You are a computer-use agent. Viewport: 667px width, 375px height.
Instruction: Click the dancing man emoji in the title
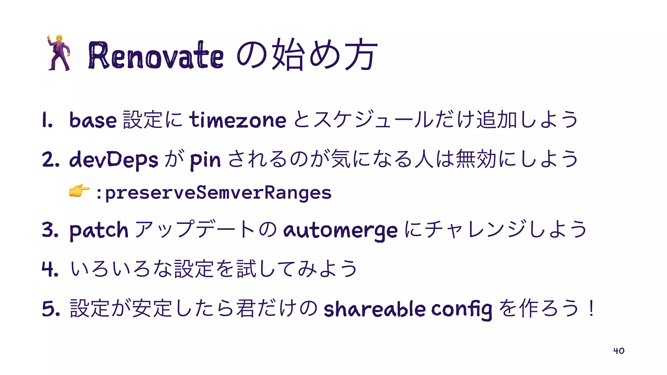(59, 53)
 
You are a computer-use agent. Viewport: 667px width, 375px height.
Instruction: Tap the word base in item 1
(93, 120)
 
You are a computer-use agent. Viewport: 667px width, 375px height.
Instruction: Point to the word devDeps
(114, 160)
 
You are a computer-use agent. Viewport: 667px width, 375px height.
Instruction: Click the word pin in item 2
(205, 160)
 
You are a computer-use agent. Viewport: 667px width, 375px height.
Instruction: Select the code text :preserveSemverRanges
(214, 192)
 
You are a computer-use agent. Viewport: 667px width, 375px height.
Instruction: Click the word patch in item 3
(99, 230)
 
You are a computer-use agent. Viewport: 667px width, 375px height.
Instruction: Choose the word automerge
(340, 230)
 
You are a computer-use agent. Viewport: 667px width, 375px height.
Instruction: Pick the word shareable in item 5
(375, 309)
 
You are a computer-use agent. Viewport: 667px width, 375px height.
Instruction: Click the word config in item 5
(461, 309)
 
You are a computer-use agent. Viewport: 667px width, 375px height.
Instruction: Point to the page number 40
(618, 351)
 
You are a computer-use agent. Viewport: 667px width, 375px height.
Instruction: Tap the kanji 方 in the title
(361, 55)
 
